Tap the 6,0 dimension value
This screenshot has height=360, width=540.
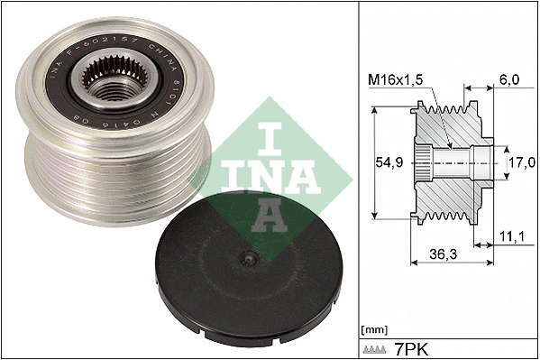coord(509,80)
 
